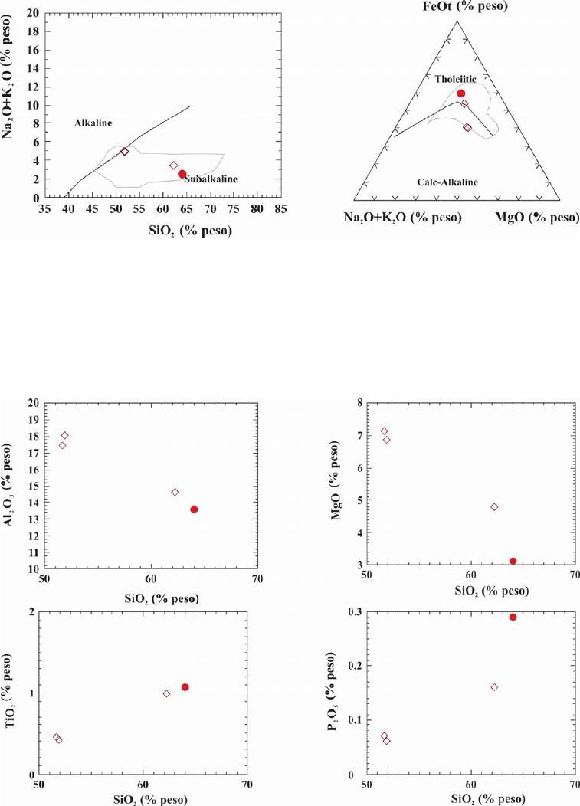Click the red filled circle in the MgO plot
[x=513, y=561]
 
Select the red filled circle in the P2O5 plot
[x=513, y=617]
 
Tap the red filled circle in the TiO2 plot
[x=185, y=687]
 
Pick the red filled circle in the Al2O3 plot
[x=194, y=509]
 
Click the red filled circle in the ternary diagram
[x=460, y=93]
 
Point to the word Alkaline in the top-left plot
[x=93, y=123]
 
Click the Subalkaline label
[x=211, y=179]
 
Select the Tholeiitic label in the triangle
[x=456, y=79]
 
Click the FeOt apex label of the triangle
[x=457, y=7]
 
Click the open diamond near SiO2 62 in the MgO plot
[x=494, y=507]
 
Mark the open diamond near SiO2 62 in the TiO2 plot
[x=166, y=693]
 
